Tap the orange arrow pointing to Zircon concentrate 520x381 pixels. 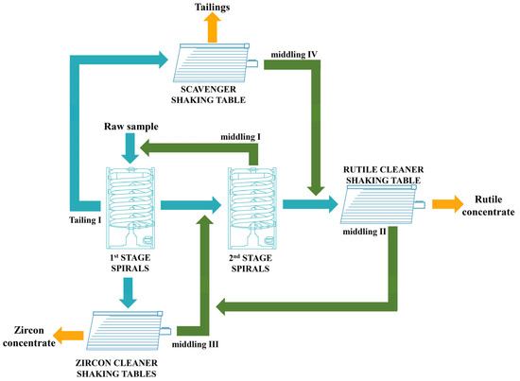(x=71, y=332)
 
